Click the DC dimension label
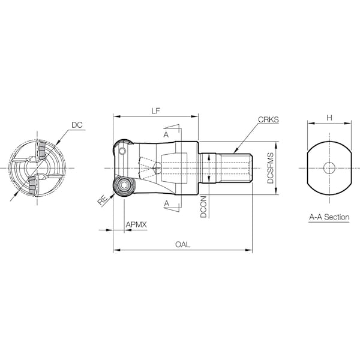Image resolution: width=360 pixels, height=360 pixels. (x=76, y=125)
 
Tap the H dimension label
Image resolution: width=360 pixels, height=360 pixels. (x=329, y=118)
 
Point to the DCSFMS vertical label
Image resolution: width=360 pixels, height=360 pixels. (x=271, y=169)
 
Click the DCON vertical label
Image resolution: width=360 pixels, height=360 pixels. (x=204, y=206)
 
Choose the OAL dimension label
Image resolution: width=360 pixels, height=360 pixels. (x=182, y=244)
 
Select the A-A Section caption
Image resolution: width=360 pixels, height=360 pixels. (x=329, y=217)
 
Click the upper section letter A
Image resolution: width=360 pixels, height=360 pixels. (x=166, y=136)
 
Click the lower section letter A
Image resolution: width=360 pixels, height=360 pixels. (x=166, y=204)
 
